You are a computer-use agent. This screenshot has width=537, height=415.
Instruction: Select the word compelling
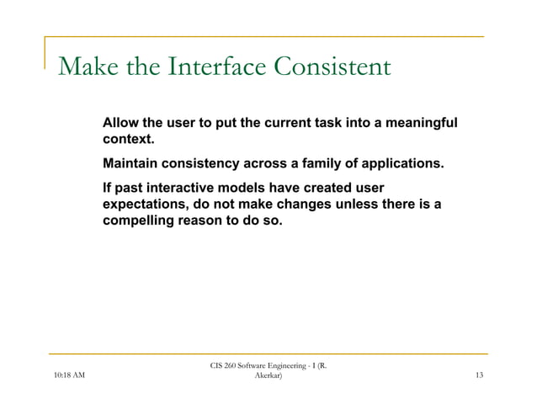point(139,222)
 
